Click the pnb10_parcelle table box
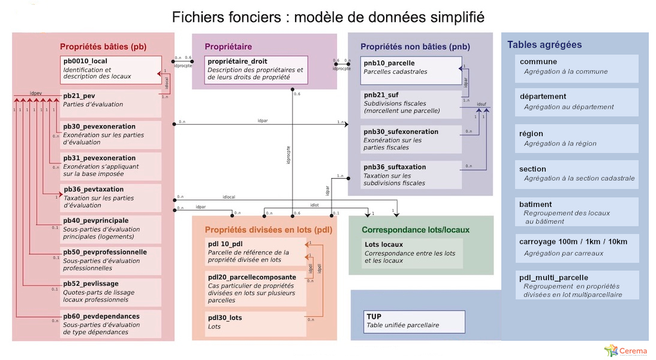tap(411, 70)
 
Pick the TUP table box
tap(414, 321)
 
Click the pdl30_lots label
tap(225, 317)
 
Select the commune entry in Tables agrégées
tap(576, 67)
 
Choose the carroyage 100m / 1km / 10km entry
tap(576, 247)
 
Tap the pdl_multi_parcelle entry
tap(576, 285)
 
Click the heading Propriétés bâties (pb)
tap(103, 46)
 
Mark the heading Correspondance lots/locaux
tap(416, 230)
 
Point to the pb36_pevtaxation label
tap(94, 189)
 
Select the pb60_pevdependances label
tap(101, 316)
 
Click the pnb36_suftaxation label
tap(395, 167)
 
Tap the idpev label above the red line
tap(35, 93)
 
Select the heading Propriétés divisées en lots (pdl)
tap(268, 230)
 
